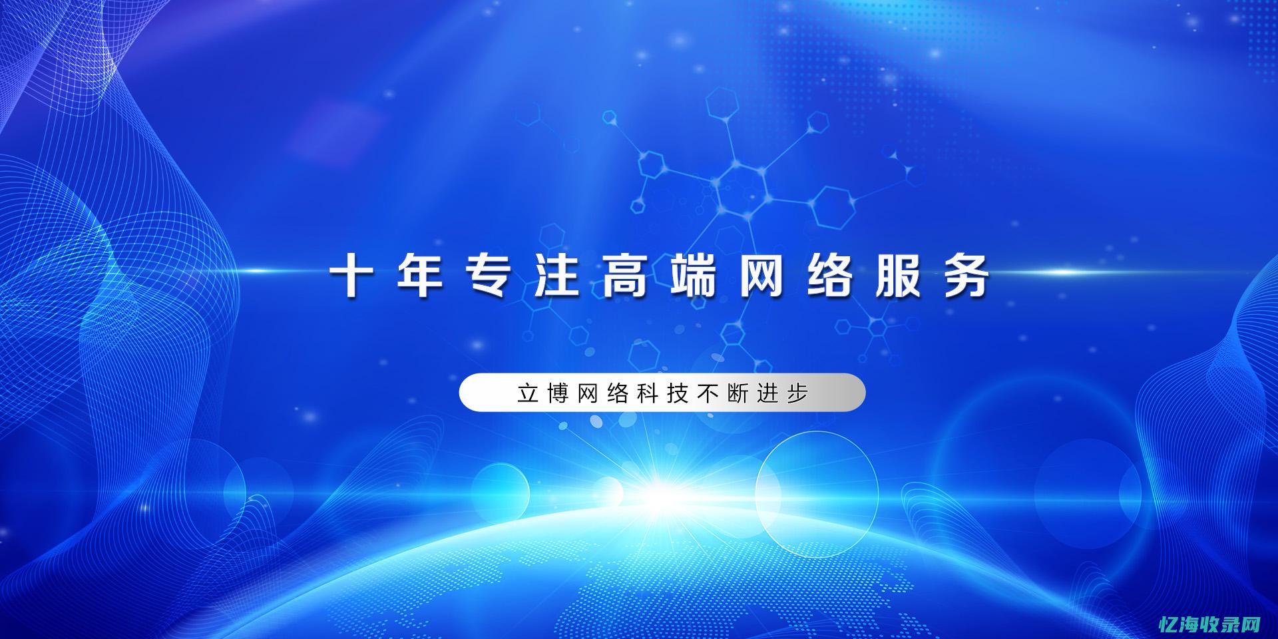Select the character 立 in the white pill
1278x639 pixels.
point(528,393)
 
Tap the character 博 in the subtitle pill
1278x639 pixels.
point(558,393)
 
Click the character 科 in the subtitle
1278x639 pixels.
point(648,393)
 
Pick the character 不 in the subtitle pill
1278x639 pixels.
point(708,393)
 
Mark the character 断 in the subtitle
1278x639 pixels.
point(738,393)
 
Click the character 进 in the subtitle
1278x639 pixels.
point(767,393)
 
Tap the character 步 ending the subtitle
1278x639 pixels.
point(797,393)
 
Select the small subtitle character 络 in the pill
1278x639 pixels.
point(618,393)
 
